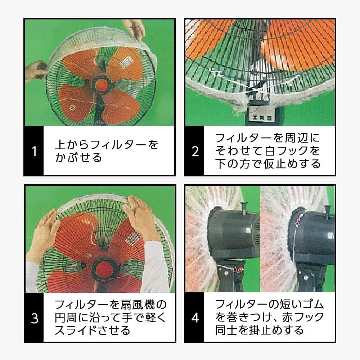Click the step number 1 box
(34, 151)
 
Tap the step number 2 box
(195, 151)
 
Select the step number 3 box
(34, 318)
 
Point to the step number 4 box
(195, 318)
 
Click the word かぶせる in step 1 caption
(78, 158)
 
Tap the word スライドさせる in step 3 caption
(92, 330)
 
